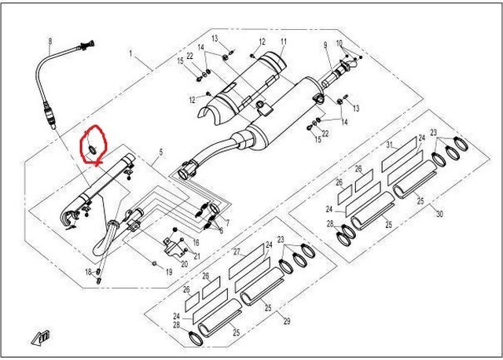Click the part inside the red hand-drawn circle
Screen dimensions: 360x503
coord(93,147)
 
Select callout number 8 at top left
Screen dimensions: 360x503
coord(50,41)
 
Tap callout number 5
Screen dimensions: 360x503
coord(161,151)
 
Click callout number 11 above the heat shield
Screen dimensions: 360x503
coord(283,42)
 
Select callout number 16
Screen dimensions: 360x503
coord(196,243)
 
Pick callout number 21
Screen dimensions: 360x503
coord(197,255)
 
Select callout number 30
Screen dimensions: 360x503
coord(439,215)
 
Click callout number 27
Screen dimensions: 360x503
coord(235,252)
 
